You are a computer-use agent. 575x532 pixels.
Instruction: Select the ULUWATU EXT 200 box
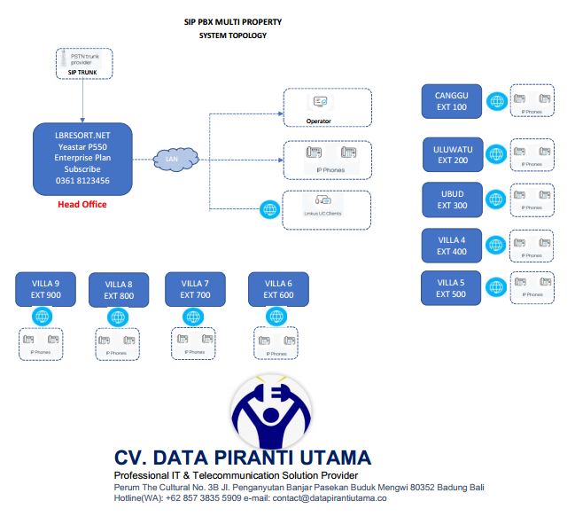coord(453,154)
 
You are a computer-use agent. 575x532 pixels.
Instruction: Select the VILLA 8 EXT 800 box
coord(118,290)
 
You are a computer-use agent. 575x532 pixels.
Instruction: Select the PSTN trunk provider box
coord(83,61)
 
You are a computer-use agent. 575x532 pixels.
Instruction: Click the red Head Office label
coord(82,205)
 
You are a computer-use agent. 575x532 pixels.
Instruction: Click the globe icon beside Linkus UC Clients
coord(268,210)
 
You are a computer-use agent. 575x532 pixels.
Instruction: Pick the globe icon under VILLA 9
coord(42,317)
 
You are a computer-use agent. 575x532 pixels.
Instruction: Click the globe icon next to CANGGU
coord(497,102)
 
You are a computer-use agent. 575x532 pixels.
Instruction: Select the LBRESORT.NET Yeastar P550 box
coord(82,160)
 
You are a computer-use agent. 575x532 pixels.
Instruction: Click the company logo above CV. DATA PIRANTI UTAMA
coord(270,411)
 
